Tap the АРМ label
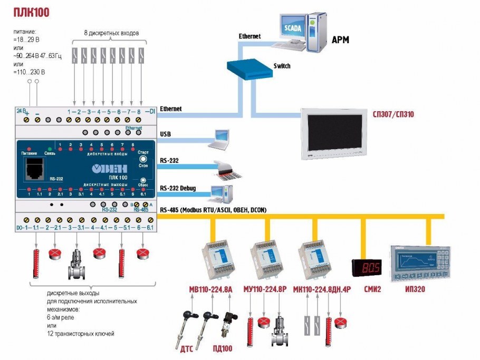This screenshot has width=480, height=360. point(340,40)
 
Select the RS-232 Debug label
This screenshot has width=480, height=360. point(179,188)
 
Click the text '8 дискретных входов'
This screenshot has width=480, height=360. point(111,33)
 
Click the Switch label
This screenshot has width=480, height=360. point(282,66)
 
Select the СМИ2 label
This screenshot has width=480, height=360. point(372,289)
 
